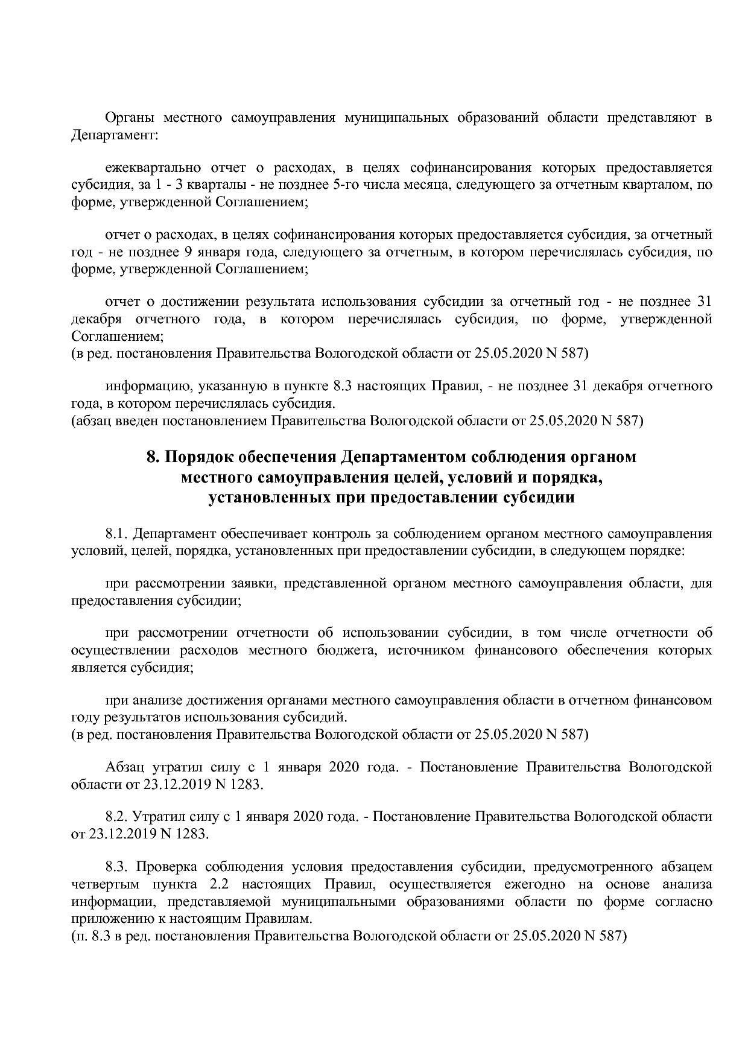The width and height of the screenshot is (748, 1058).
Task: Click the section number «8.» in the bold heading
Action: click(x=153, y=457)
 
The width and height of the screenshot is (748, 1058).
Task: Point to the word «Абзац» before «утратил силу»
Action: click(x=124, y=767)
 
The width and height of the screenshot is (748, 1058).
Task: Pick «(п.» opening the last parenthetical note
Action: click(x=80, y=936)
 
